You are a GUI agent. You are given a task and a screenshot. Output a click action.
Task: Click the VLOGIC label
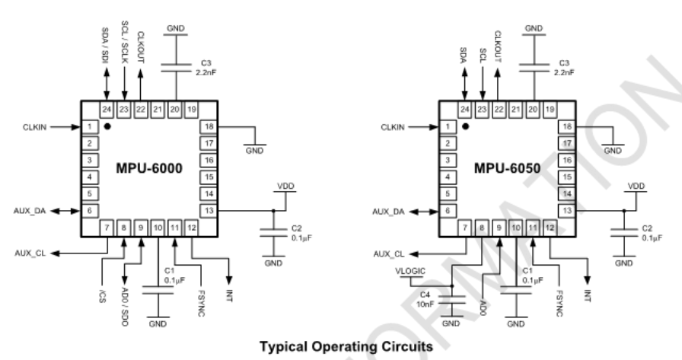(410, 271)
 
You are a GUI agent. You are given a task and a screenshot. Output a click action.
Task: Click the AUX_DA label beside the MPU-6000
(29, 210)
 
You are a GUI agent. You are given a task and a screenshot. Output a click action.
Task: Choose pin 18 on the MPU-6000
(209, 126)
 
